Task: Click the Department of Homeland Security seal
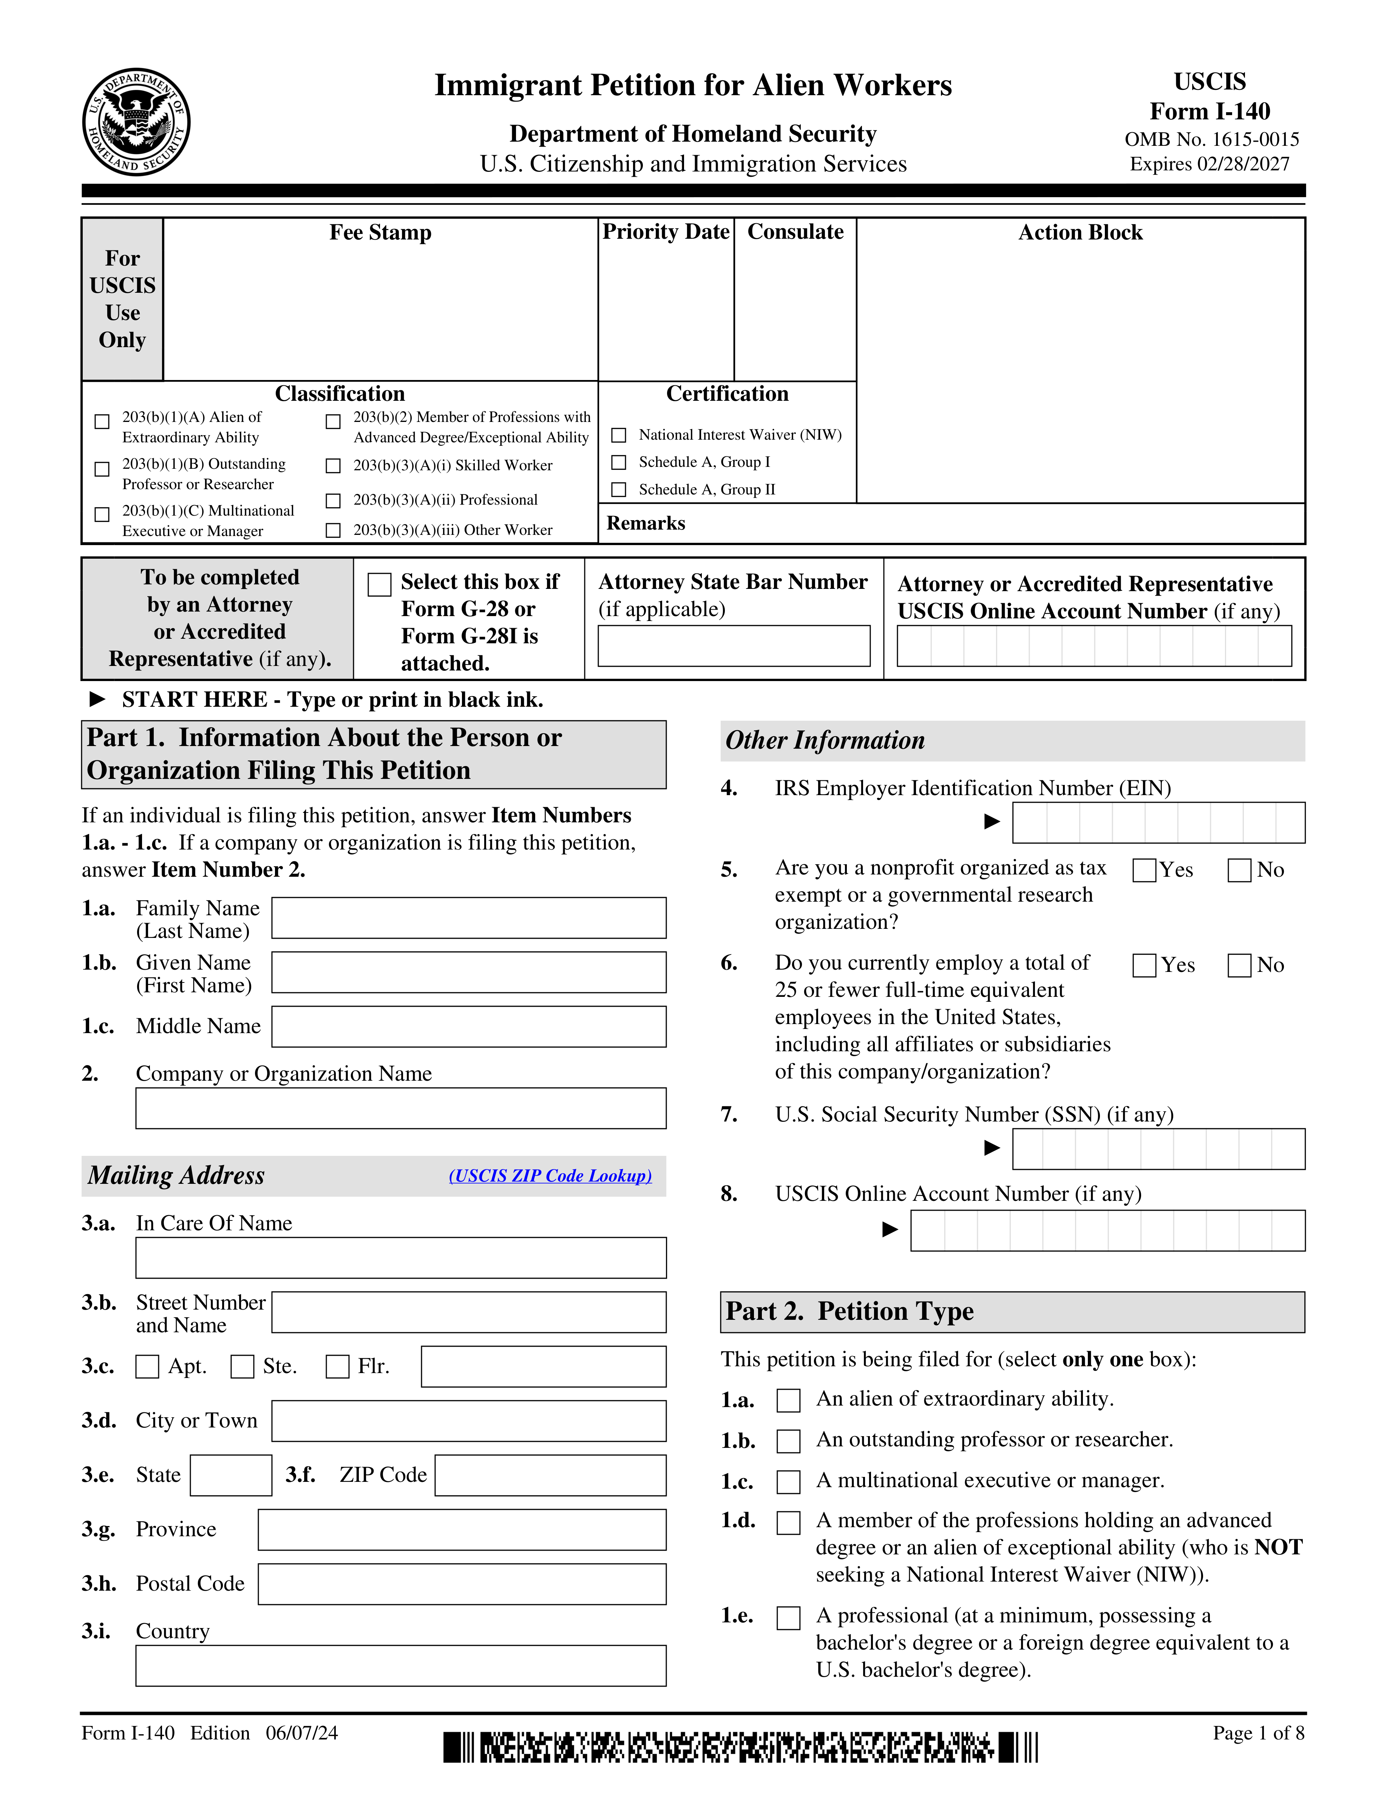tap(136, 122)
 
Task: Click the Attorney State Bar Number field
tap(734, 646)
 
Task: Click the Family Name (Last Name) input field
tap(468, 918)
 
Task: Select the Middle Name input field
tap(468, 1027)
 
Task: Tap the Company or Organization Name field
tap(401, 1109)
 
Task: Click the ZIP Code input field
tap(550, 1475)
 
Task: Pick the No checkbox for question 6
tap(1239, 966)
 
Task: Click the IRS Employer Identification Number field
tap(1158, 823)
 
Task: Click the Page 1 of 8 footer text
tap(1258, 1733)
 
